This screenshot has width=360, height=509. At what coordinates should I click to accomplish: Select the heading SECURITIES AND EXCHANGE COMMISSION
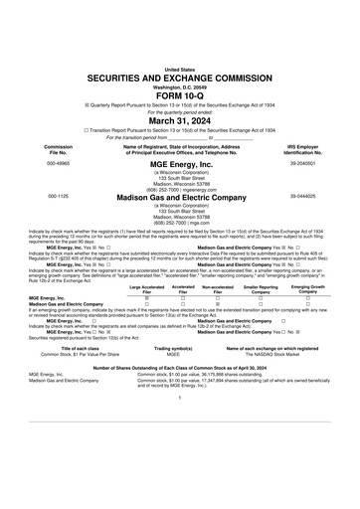(x=179, y=48)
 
